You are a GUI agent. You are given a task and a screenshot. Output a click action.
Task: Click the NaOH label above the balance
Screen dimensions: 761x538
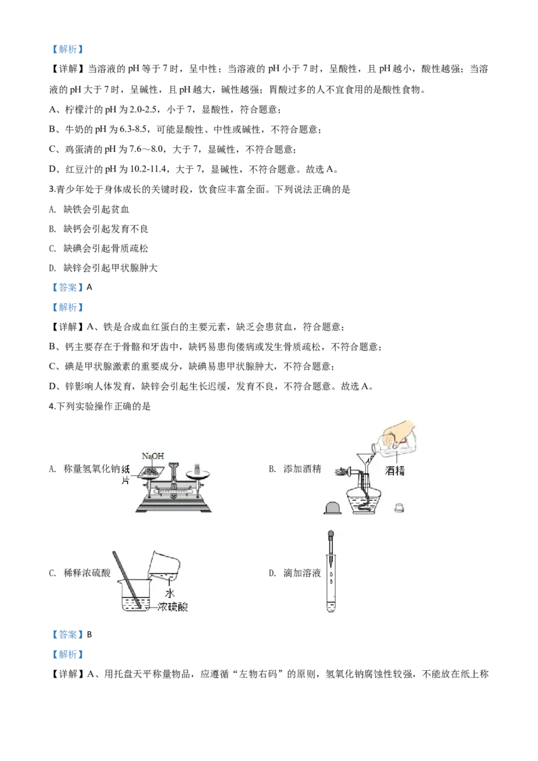pyautogui.click(x=153, y=456)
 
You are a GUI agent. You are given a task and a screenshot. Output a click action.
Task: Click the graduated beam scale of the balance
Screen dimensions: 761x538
pyautogui.click(x=171, y=492)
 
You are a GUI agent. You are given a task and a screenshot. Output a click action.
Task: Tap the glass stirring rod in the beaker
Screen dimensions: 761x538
pyautogui.click(x=127, y=578)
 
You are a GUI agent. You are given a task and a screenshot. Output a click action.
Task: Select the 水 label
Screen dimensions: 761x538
pyautogui.click(x=170, y=594)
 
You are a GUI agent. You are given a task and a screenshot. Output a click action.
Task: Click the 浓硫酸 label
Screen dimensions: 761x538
pyautogui.click(x=172, y=607)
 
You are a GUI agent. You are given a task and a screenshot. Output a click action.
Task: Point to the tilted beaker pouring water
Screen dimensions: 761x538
pyautogui.click(x=165, y=565)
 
